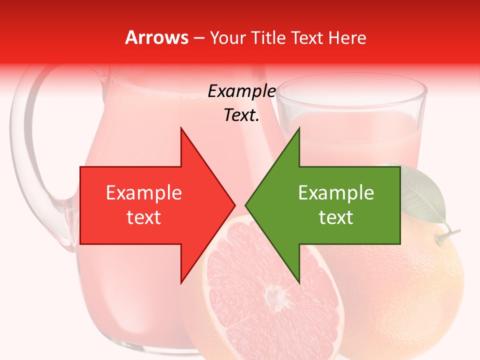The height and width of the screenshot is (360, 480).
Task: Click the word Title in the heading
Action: pyautogui.click(x=269, y=38)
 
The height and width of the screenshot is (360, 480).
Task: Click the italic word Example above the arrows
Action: pyautogui.click(x=241, y=91)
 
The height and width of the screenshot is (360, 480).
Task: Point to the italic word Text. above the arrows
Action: pyautogui.click(x=241, y=115)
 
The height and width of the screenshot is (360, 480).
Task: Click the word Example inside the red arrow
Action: pyautogui.click(x=144, y=193)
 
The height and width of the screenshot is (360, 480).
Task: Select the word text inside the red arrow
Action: pyautogui.click(x=144, y=217)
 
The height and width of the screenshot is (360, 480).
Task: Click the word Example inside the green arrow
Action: pyautogui.click(x=336, y=193)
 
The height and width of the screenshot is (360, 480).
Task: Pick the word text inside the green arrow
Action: pyautogui.click(x=336, y=217)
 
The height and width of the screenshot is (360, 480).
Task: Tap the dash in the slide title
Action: pyautogui.click(x=198, y=38)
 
